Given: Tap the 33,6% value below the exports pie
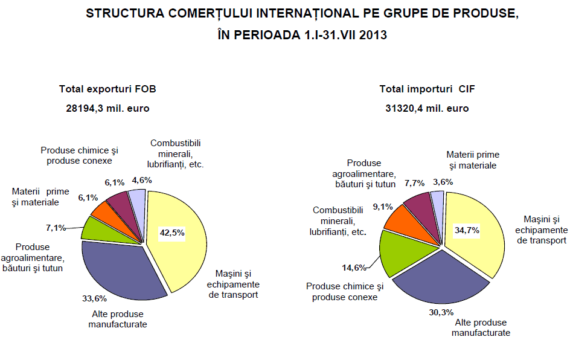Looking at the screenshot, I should pos(94,298).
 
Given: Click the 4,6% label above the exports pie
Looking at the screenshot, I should pos(142,180).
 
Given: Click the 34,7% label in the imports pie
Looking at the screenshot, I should pos(465,231).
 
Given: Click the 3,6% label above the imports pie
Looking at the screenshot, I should pos(443,181).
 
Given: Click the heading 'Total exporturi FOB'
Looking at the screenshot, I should pos(107,89).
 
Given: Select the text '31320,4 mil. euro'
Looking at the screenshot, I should pos(427,109).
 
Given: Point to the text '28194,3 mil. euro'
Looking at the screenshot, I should pos(107,109).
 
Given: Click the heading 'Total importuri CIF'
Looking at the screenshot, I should pos(427,89).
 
